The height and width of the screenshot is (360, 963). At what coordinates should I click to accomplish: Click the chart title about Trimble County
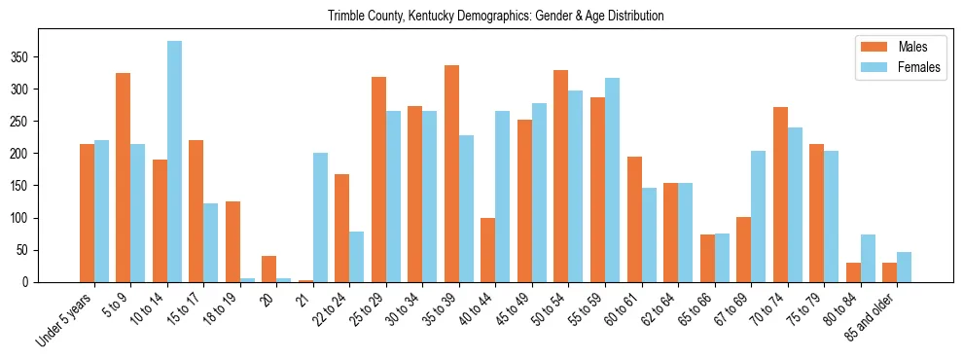pyautogui.click(x=496, y=16)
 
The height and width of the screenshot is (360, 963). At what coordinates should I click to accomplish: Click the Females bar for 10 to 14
pyautogui.click(x=174, y=162)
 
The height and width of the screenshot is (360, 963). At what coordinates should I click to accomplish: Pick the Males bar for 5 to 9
pyautogui.click(x=124, y=178)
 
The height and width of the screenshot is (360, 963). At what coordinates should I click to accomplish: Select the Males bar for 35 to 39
pyautogui.click(x=451, y=174)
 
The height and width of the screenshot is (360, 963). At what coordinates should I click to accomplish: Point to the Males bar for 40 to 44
pyautogui.click(x=488, y=250)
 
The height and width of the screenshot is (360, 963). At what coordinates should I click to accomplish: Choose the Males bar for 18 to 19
pyautogui.click(x=232, y=242)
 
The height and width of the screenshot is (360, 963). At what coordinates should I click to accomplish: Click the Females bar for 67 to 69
pyautogui.click(x=758, y=217)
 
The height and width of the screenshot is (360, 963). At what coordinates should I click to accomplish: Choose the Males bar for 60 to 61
pyautogui.click(x=634, y=220)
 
